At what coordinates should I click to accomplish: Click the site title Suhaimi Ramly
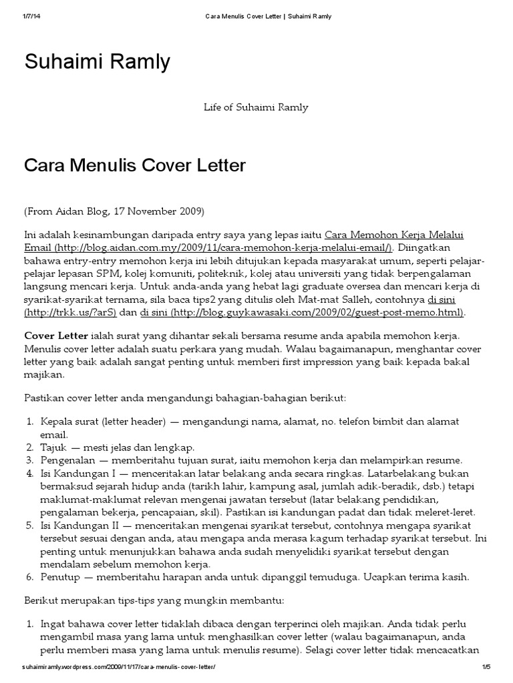point(98,62)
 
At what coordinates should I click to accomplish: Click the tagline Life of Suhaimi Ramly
point(256,107)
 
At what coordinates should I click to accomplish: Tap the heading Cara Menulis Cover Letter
point(135,165)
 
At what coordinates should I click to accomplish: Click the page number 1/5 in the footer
point(486,667)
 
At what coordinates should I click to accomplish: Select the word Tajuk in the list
point(55,447)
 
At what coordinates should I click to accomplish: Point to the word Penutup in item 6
point(60,576)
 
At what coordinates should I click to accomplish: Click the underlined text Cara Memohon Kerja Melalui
point(394,235)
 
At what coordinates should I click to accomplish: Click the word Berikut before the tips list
point(43,600)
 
